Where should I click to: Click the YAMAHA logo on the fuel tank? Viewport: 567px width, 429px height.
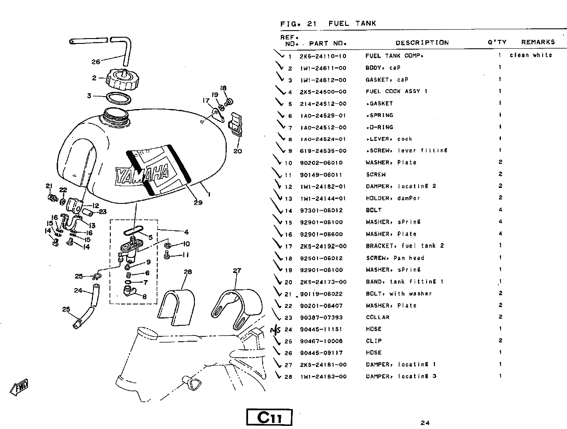coord(143,174)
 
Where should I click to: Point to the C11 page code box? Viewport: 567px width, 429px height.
coord(269,417)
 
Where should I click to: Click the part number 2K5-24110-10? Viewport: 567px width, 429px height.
coord(323,56)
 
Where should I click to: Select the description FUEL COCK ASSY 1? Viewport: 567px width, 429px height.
coord(396,92)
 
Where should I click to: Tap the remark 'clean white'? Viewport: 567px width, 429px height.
coord(531,55)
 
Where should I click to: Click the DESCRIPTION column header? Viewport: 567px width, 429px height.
coord(422,43)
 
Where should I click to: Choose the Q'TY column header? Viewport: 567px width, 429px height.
coord(497,42)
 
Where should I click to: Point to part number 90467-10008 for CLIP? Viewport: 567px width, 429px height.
coord(321,341)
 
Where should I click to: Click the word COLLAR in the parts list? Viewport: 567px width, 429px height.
coord(378,317)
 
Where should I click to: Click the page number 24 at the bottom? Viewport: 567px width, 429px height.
coord(425,423)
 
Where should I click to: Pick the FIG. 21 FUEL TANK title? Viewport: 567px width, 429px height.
coord(328,24)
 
